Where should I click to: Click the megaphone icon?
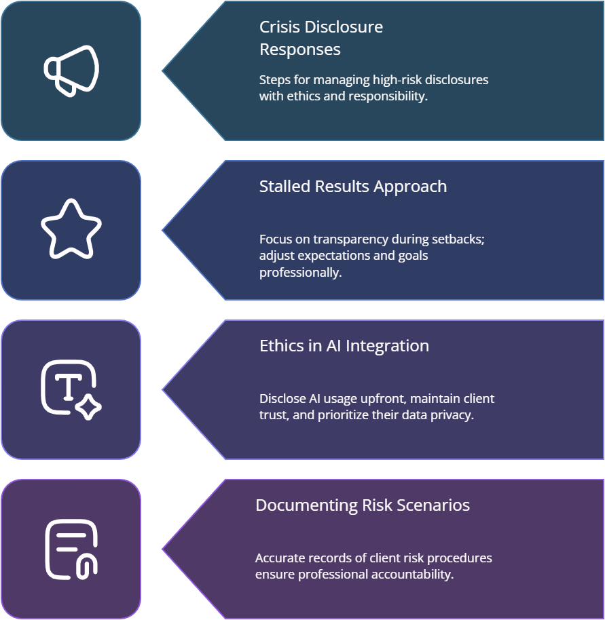pyautogui.click(x=71, y=70)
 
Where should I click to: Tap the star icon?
pyautogui.click(x=71, y=229)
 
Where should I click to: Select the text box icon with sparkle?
pyautogui.click(x=71, y=389)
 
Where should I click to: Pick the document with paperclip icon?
pyautogui.click(x=71, y=549)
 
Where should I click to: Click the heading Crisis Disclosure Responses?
pyautogui.click(x=320, y=38)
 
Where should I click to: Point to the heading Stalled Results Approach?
pyautogui.click(x=352, y=187)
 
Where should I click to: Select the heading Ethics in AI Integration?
pyautogui.click(x=344, y=346)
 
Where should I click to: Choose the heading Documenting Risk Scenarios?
pyautogui.click(x=362, y=505)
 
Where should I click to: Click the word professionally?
pyautogui.click(x=299, y=273)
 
